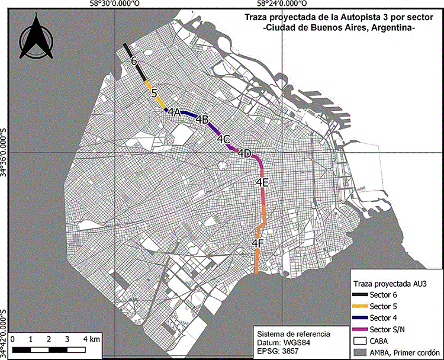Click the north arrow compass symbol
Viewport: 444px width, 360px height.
click(37, 38)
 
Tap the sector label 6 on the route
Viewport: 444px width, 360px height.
click(134, 61)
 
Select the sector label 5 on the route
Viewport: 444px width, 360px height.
click(153, 93)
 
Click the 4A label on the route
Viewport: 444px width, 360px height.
click(173, 112)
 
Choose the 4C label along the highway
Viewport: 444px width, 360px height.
click(223, 139)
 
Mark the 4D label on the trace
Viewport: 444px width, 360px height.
click(244, 153)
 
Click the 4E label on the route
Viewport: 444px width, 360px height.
click(263, 183)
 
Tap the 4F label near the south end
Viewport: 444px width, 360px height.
click(258, 243)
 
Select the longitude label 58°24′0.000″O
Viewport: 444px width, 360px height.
click(280, 4)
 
